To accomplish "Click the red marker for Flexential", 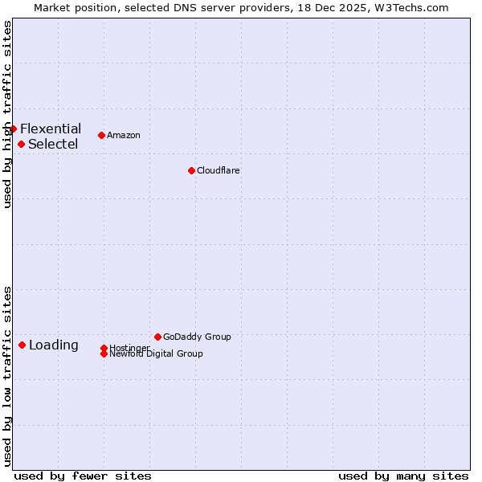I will tap(13, 129).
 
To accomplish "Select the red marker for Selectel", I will tap(21, 145).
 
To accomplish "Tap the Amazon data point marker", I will tap(101, 135).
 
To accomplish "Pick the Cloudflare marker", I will tap(191, 170).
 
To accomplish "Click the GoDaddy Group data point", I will tap(157, 337).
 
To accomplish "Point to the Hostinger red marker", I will tap(104, 348).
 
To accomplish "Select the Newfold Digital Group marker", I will tap(104, 354).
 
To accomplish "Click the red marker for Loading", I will tap(22, 345).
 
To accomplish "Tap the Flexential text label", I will tap(51, 129).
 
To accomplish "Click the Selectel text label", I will tap(53, 145).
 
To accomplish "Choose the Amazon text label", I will tap(124, 135).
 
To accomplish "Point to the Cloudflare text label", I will tap(219, 170).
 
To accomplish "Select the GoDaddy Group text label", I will tap(197, 337).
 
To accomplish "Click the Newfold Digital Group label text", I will tap(156, 354).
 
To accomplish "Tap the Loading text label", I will tap(54, 345).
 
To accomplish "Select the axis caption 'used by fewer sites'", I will tap(83, 476).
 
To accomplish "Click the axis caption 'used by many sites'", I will tap(403, 476).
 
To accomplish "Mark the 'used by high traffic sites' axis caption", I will tap(7, 114).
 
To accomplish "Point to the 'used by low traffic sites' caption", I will tap(7, 376).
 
